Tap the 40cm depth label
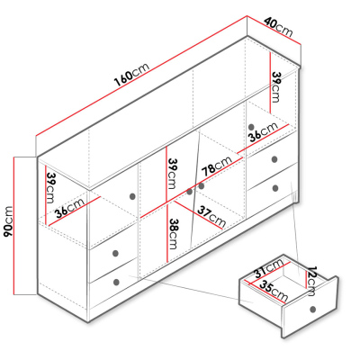pyautogui.click(x=278, y=26)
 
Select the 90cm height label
pyautogui.click(x=8, y=221)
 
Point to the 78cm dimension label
pyautogui.click(x=217, y=166)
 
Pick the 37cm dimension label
pyautogui.click(x=211, y=216)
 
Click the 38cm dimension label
pyautogui.click(x=173, y=233)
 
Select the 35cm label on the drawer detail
pyautogui.click(x=274, y=291)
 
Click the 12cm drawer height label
pyautogui.click(x=313, y=281)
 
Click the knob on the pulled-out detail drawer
pyautogui.click(x=313, y=309)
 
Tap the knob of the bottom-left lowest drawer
pyautogui.click(x=116, y=282)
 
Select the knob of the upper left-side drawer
pyautogui.click(x=115, y=253)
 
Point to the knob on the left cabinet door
pyautogui.click(x=132, y=196)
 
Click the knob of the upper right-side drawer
pyautogui.click(x=274, y=159)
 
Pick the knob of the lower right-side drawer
pyautogui.click(x=275, y=188)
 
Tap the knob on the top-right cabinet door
pyautogui.click(x=251, y=127)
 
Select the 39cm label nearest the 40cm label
pyautogui.click(x=275, y=87)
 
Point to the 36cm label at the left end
pyautogui.click(x=69, y=208)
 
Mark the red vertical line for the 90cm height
pyautogui.click(x=13, y=226)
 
